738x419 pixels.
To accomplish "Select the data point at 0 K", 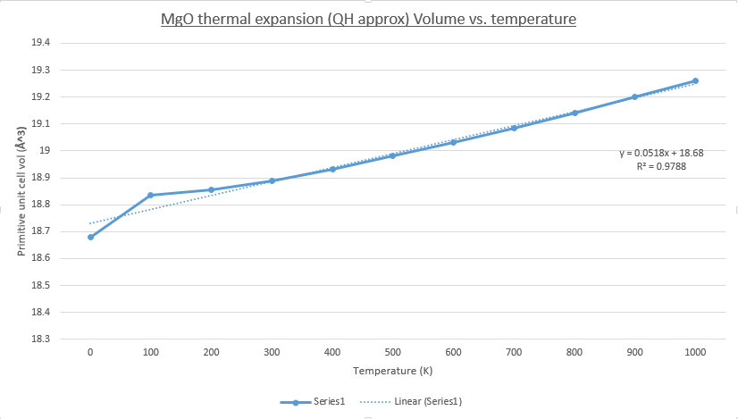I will tap(90, 237).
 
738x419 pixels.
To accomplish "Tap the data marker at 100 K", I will tap(151, 195).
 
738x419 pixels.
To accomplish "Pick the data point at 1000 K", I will tap(695, 81).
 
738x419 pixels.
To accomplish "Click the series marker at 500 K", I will tap(393, 155).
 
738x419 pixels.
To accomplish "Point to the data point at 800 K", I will tap(574, 113).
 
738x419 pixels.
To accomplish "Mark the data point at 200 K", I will tap(211, 189).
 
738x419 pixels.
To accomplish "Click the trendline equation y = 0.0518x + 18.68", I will tap(661, 153).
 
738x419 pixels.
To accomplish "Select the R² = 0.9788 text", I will tap(661, 165).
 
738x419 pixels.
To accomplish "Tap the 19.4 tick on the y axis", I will tap(40, 43).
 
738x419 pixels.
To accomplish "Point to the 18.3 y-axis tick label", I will tap(40, 339).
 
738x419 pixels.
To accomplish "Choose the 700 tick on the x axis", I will tap(514, 353).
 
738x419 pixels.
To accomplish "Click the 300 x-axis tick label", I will tap(272, 353).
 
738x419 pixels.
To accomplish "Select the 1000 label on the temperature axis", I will tap(695, 353).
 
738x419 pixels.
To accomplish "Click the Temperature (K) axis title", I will tap(393, 371).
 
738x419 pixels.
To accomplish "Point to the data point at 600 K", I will tap(454, 142).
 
